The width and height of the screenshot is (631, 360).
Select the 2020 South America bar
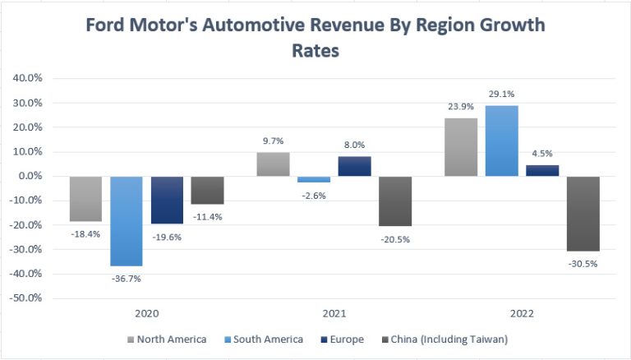[127, 221]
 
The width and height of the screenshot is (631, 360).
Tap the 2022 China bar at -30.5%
[583, 213]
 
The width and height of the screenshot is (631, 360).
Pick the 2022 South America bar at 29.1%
[502, 141]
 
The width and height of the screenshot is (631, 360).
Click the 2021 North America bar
[273, 164]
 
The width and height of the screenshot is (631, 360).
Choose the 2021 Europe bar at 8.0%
[354, 166]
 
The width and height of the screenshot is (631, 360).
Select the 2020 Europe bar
[167, 200]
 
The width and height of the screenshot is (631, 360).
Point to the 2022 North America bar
[461, 147]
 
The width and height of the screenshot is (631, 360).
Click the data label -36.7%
[126, 278]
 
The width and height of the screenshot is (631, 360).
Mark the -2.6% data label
[314, 195]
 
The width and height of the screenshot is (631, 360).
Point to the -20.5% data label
[395, 238]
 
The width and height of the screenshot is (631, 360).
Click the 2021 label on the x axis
[334, 314]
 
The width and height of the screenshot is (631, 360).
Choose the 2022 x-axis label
[522, 314]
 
